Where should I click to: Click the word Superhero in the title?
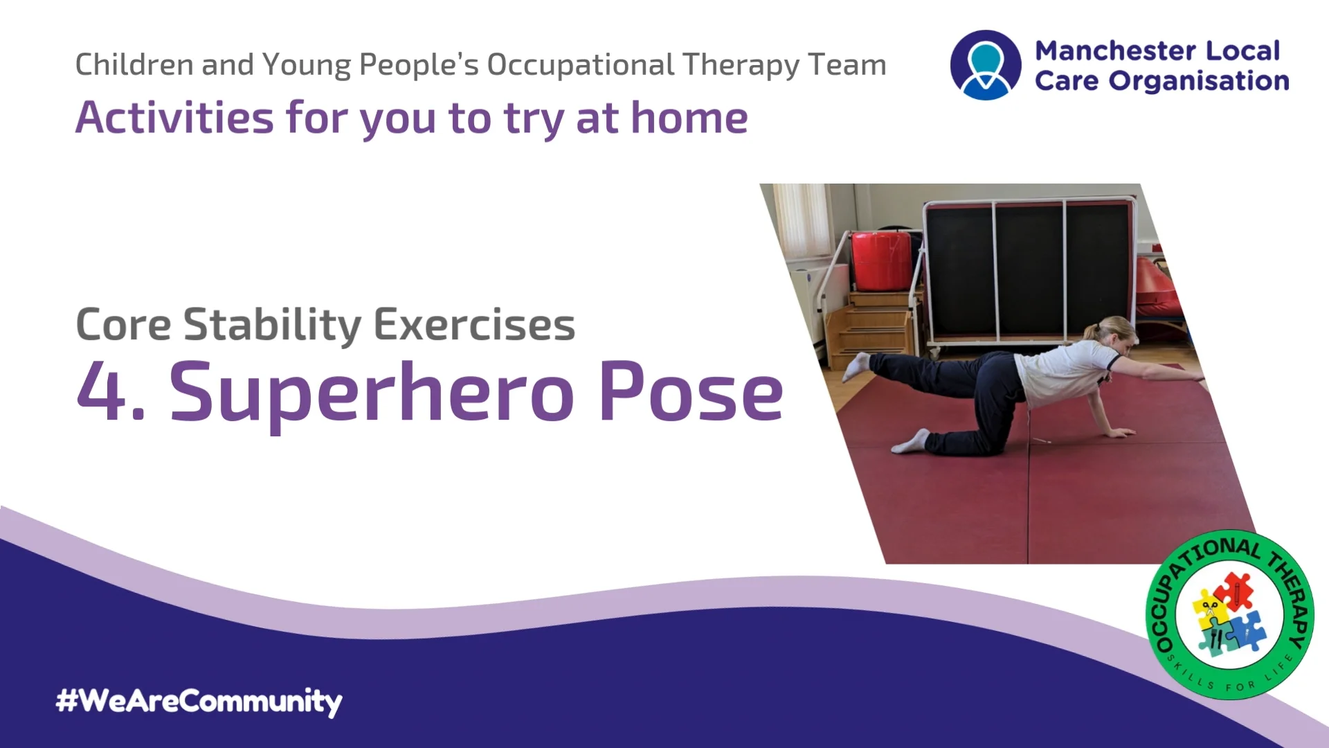[x=372, y=393]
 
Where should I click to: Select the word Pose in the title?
[x=691, y=393]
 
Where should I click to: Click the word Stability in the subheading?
[x=272, y=325]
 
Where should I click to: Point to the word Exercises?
[x=475, y=325]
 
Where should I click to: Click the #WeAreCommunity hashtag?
[x=199, y=701]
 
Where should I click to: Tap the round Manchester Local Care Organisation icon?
[x=986, y=65]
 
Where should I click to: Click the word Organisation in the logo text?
[x=1199, y=81]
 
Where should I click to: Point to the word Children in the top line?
[x=134, y=65]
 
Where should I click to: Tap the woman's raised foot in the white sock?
[x=856, y=365]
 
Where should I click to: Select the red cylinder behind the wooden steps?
[x=881, y=261]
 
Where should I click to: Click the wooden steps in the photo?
[x=875, y=326]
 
